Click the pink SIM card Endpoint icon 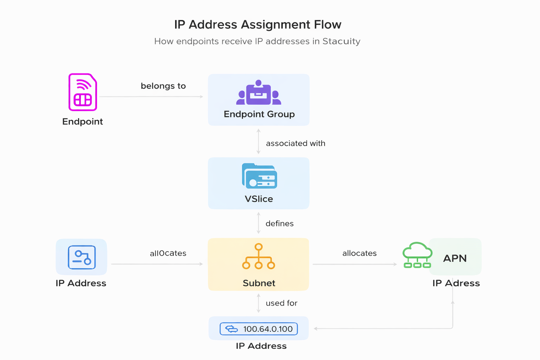pyautogui.click(x=83, y=92)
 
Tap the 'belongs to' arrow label pyautogui.click(x=163, y=86)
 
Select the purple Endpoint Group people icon pyautogui.click(x=259, y=93)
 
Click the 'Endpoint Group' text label pyautogui.click(x=259, y=114)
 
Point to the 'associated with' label pyautogui.click(x=295, y=143)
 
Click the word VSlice pyautogui.click(x=259, y=199)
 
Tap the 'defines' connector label pyautogui.click(x=279, y=224)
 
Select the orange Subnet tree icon pyautogui.click(x=258, y=257)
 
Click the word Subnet pyautogui.click(x=259, y=283)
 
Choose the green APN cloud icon pyautogui.click(x=417, y=255)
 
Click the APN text pyautogui.click(x=455, y=258)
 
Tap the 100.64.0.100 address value pyautogui.click(x=268, y=329)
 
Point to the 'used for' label pyautogui.click(x=281, y=303)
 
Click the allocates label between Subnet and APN pyautogui.click(x=359, y=253)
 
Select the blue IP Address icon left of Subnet pyautogui.click(x=82, y=257)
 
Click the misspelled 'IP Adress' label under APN pyautogui.click(x=456, y=283)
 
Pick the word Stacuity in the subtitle pyautogui.click(x=341, y=41)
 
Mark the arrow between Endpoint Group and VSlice pyautogui.click(x=258, y=141)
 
